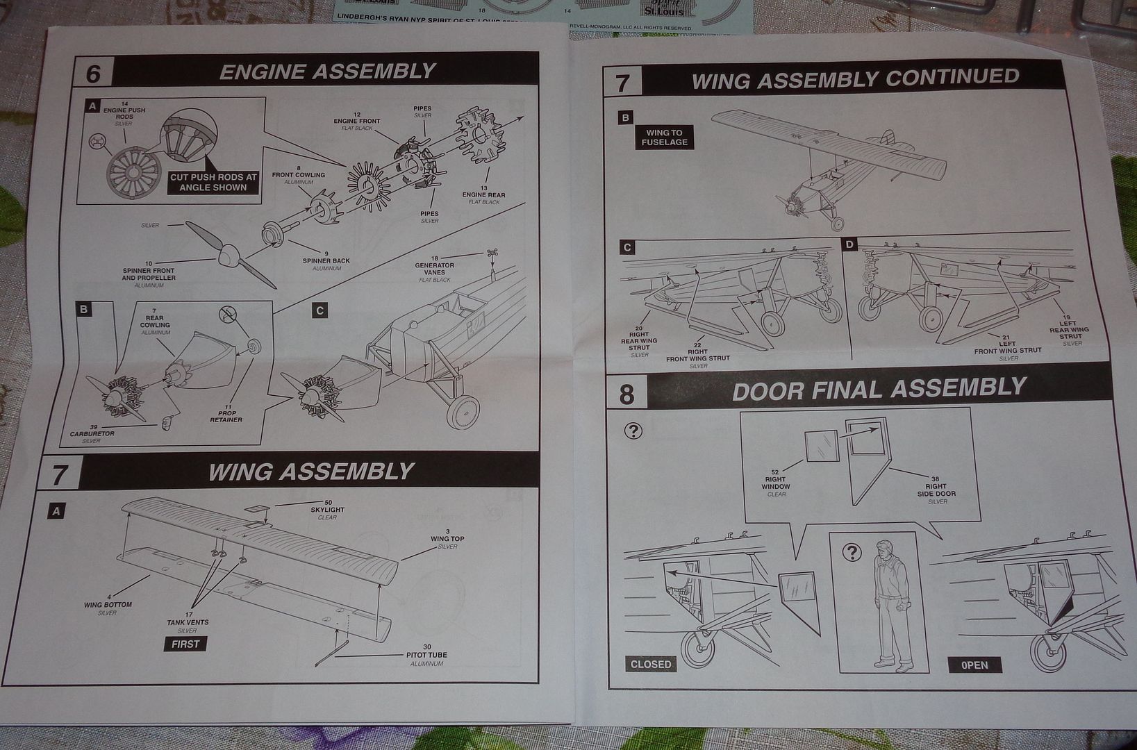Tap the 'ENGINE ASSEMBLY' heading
(327, 72)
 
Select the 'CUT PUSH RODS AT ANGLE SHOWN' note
(213, 182)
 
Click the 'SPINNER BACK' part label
(326, 261)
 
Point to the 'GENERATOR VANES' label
(435, 269)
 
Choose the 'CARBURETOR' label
(92, 434)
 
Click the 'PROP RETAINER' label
(226, 416)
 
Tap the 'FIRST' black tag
(185, 644)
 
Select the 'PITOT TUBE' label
(426, 655)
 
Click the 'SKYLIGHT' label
(327, 510)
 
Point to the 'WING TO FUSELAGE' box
(664, 137)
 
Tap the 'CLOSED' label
(651, 664)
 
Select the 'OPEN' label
(974, 665)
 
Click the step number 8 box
(626, 394)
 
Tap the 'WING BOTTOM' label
(108, 605)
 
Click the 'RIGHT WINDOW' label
(775, 483)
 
